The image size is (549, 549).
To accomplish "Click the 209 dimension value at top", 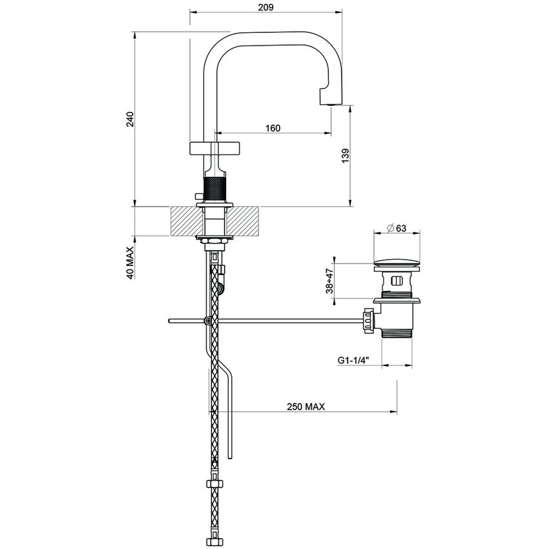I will click(265, 7).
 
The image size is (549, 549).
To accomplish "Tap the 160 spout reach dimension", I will click(273, 128).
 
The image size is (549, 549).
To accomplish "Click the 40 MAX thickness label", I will click(129, 262).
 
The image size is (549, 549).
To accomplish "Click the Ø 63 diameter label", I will click(395, 227).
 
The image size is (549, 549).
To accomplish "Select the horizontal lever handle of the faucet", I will click(214, 148).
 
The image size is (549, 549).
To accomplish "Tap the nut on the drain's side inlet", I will click(368, 320).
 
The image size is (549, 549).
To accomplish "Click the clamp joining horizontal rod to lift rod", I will click(207, 320).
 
